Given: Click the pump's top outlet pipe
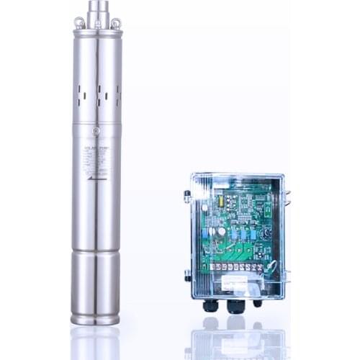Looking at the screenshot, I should [97, 13].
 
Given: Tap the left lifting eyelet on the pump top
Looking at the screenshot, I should [79, 24].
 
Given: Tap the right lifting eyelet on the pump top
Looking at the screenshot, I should [115, 24].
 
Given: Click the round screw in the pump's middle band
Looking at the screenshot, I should [96, 132].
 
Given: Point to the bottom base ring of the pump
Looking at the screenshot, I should [95, 318].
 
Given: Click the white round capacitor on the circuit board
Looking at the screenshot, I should [222, 233].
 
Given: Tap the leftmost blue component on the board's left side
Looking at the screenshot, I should [205, 232].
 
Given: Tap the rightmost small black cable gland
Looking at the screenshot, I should [257, 303].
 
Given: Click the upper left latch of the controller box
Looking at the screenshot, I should [187, 195].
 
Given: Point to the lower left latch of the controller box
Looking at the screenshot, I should [187, 274].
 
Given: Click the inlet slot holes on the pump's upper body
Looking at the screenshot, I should [96, 94].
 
